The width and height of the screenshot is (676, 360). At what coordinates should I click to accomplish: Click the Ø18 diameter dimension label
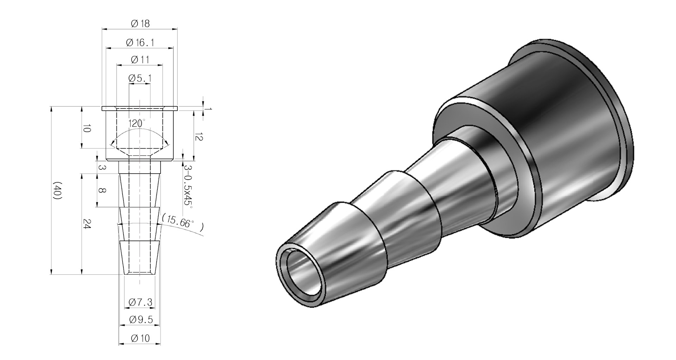point(140,24)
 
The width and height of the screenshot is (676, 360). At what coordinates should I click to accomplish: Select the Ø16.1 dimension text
point(140,43)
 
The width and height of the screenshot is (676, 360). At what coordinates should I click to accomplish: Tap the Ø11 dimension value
point(140,60)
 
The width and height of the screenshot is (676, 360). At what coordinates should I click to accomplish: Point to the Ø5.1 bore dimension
point(140,78)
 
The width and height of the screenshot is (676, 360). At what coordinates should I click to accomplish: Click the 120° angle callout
point(137,124)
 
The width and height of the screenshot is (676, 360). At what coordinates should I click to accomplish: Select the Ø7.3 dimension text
point(140,302)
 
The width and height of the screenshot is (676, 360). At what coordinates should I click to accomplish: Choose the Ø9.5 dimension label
point(140,320)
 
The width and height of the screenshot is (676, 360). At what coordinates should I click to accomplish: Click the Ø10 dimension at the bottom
point(140,339)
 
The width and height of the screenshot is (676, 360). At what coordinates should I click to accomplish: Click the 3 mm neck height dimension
point(101,168)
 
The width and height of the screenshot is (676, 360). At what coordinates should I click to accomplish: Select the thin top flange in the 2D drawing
point(140,108)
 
